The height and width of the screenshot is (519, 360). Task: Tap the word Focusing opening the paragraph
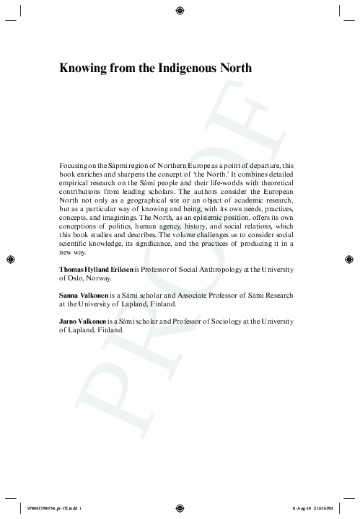71,166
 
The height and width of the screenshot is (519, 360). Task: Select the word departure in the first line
260,166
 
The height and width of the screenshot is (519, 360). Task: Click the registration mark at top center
180,9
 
